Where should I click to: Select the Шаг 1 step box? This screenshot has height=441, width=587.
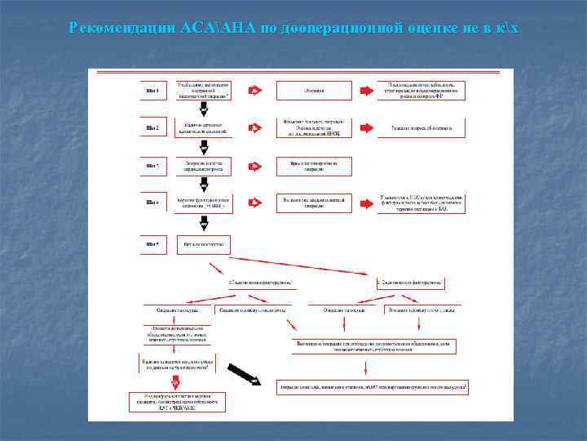tap(152, 90)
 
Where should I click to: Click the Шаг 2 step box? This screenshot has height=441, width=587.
tap(152, 127)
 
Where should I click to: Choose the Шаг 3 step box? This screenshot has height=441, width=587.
tap(152, 166)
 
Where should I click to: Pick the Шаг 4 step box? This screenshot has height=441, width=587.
tap(152, 203)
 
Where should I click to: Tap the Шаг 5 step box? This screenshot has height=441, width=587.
tap(152, 243)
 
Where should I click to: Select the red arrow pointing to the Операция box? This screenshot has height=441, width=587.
tap(254, 91)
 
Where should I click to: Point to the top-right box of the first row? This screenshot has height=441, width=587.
tap(421, 90)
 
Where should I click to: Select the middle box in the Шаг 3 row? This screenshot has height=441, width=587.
tap(314, 166)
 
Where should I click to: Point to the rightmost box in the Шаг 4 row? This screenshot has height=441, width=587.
tap(421, 203)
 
